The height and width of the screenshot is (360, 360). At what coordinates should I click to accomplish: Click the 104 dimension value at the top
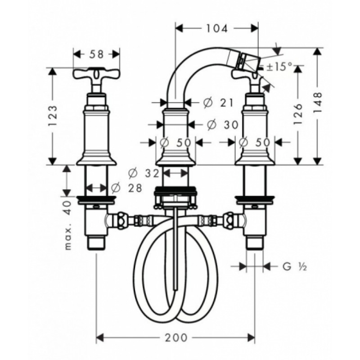click(217, 28)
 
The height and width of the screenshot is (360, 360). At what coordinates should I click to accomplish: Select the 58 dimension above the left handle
click(97, 54)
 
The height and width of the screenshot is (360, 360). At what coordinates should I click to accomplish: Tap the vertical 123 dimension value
click(53, 116)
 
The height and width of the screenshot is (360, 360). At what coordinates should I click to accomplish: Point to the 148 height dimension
click(318, 103)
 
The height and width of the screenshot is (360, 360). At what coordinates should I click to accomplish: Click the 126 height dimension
click(298, 114)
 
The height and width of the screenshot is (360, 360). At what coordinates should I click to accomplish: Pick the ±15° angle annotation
click(277, 67)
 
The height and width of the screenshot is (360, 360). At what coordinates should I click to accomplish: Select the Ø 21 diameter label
click(218, 103)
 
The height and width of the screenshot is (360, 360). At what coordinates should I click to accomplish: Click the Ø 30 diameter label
click(222, 125)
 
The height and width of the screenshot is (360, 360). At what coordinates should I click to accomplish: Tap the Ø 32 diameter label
click(144, 173)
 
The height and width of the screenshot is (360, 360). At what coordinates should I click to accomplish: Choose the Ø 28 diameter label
click(127, 188)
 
